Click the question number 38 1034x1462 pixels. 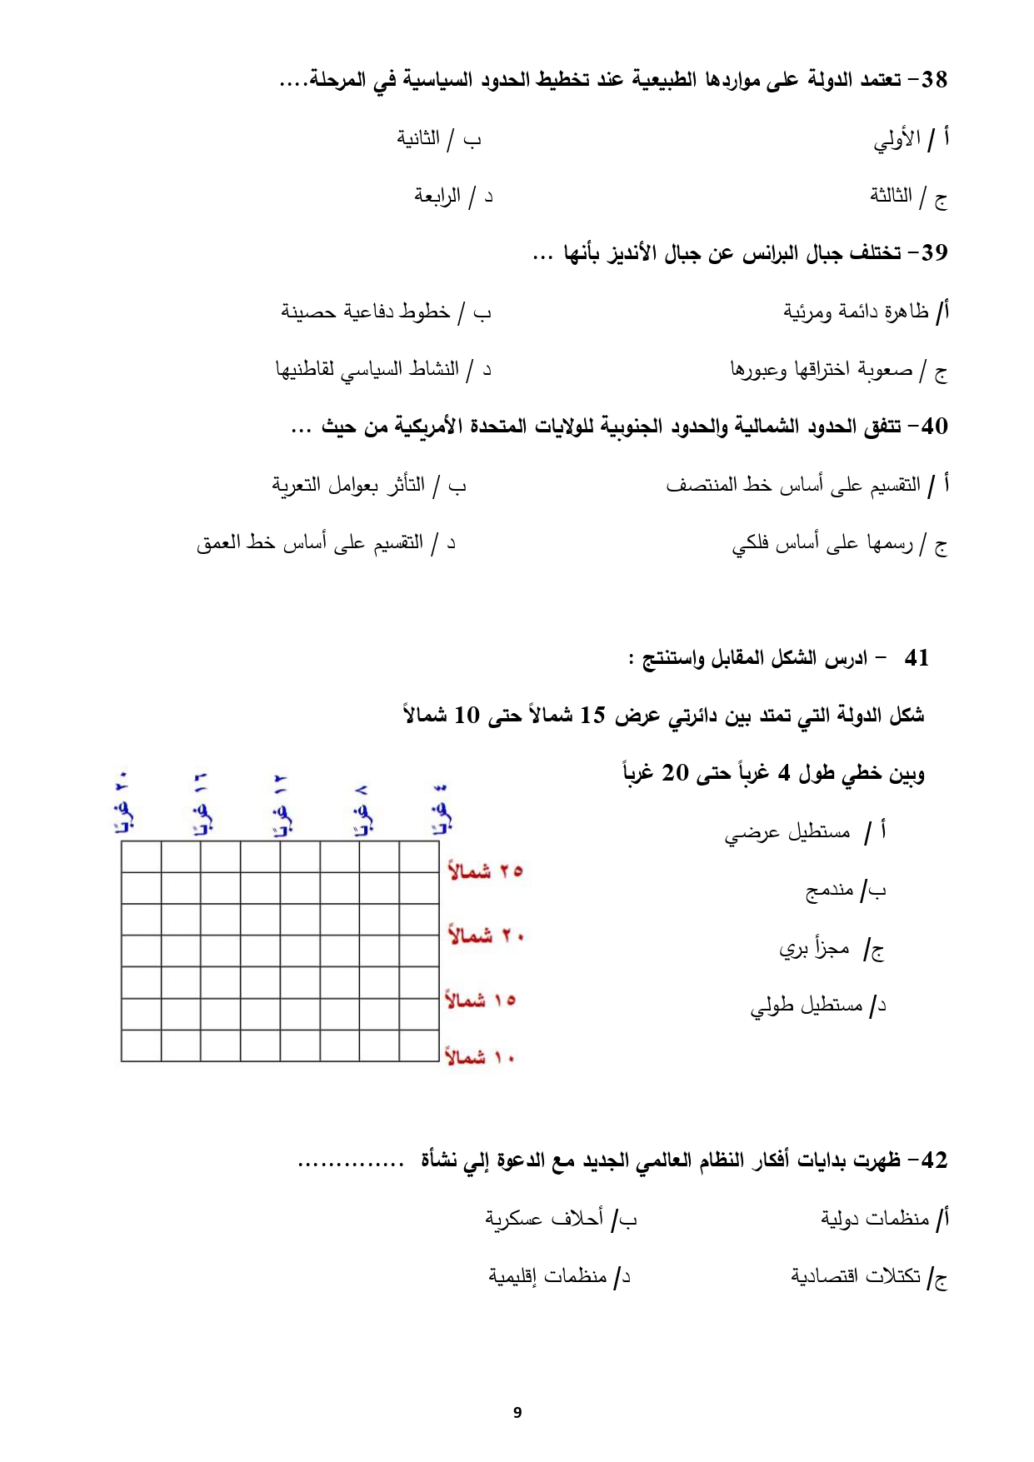[934, 80]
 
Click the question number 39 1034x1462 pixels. [934, 252]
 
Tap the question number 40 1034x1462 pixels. [934, 427]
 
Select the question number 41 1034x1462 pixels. [916, 658]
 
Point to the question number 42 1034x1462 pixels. [934, 1160]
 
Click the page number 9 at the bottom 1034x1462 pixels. [517, 1412]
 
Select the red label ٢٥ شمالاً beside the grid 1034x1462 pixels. [485, 871]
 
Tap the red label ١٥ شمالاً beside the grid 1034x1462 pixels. [481, 1000]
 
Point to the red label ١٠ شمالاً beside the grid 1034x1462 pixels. [480, 1058]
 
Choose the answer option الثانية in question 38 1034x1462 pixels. [418, 138]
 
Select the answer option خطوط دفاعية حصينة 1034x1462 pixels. [366, 312]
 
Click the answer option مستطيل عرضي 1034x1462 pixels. [787, 832]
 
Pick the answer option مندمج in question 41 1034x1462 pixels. [829, 891]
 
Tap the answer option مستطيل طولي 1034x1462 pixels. [806, 1006]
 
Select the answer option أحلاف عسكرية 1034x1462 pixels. [544, 1219]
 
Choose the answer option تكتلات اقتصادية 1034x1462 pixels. [856, 1276]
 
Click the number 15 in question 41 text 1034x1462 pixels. [592, 716]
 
